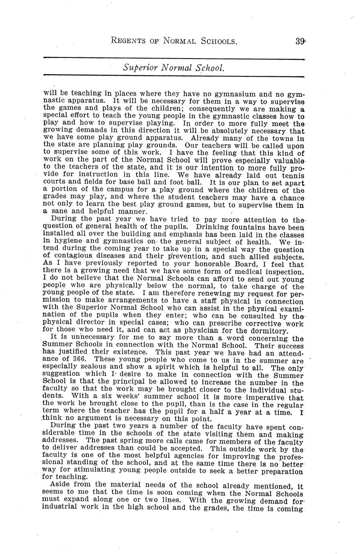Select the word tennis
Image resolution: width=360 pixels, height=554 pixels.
point(290,176)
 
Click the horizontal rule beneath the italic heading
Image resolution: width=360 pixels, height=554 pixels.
point(173,76)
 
